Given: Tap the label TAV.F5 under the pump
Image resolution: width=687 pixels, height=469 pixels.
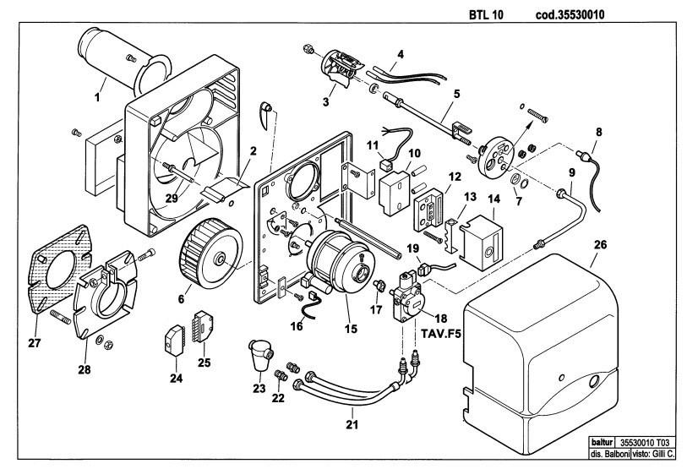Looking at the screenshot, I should tap(439, 332).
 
